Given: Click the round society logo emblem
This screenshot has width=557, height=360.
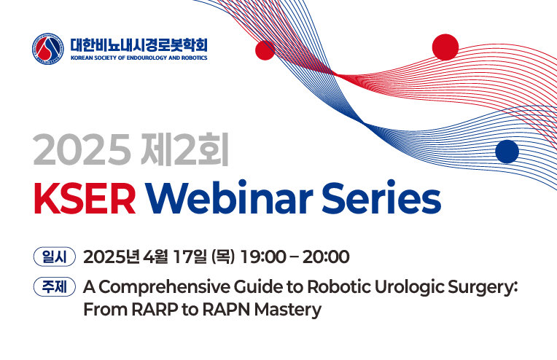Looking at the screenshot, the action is pos(48,49).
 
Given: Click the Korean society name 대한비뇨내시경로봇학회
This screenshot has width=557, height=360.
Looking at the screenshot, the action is pos(139,45).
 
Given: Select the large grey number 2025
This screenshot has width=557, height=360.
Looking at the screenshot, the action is pos(81,149).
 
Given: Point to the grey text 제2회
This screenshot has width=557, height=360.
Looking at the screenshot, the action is pos(184,149).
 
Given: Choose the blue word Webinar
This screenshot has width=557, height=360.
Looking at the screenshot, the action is pos(230,197).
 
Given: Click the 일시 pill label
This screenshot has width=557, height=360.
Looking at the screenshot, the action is pos(55,257).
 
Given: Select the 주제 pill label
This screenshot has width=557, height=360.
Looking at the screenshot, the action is pos(55,286).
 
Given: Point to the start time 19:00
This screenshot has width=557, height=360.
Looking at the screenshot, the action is pos(263,257).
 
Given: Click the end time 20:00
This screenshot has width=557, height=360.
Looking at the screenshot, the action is pos(326,257).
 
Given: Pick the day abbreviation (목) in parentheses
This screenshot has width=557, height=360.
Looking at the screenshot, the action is pos(223,257).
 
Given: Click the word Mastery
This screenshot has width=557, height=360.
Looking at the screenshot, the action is pos(288,310).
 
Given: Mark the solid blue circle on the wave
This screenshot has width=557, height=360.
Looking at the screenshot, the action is pos(507,152).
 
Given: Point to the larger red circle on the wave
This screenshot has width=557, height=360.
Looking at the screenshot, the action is pos(445,47).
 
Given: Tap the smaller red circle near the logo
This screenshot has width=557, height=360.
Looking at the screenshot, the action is pos(265,50).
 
